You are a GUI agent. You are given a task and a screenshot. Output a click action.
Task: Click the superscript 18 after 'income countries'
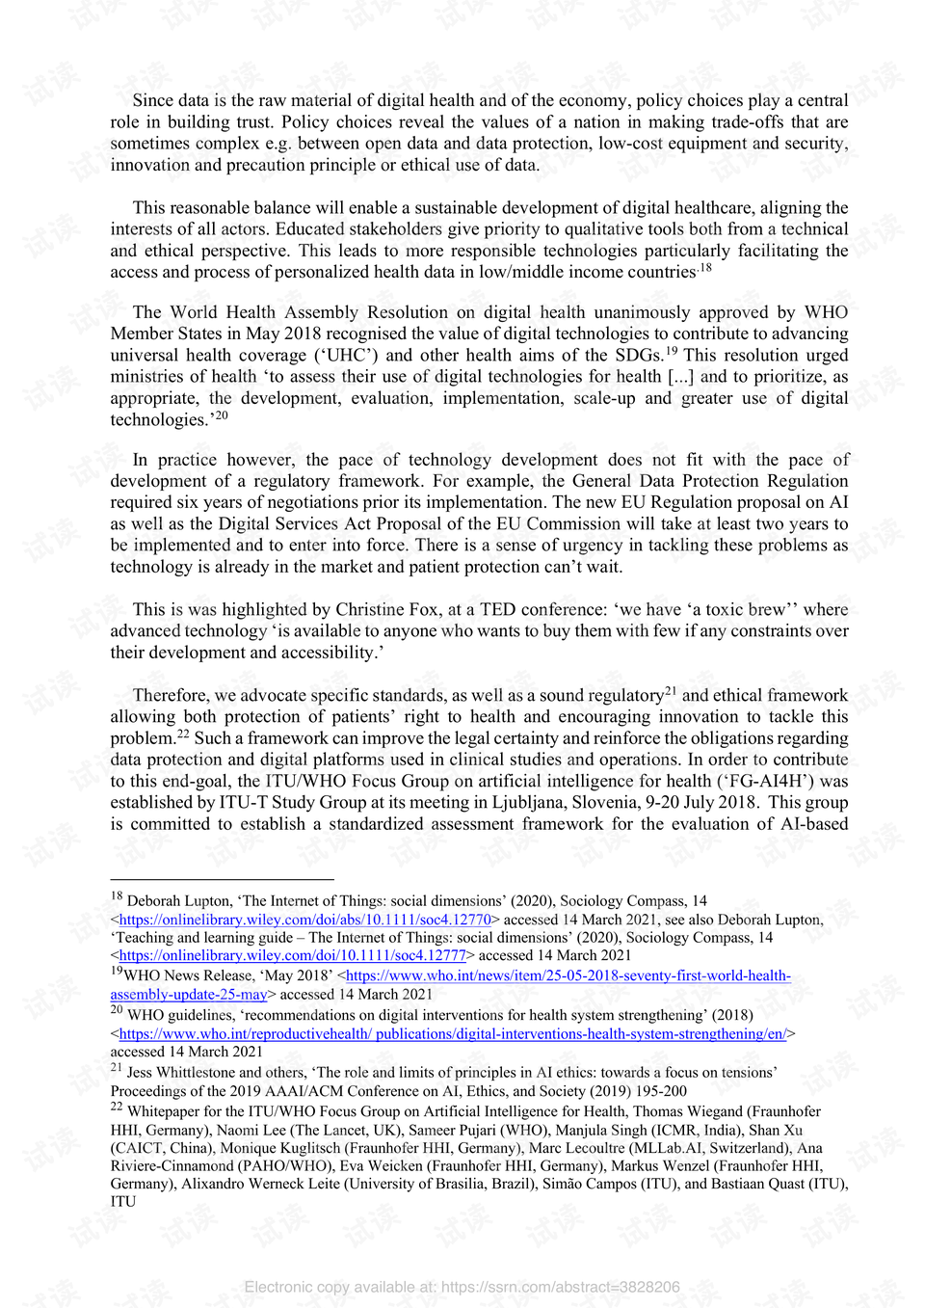point(705,268)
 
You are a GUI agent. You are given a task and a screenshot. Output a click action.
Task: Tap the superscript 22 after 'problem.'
point(183,734)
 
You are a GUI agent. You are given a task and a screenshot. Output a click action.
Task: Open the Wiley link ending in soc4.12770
point(304,920)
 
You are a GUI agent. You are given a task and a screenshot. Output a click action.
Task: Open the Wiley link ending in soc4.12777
point(292,955)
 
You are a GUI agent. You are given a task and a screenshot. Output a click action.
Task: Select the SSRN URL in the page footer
point(560,1287)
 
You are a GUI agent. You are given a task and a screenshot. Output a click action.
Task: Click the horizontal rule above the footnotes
point(222,879)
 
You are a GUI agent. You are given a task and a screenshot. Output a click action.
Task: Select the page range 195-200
point(660,1091)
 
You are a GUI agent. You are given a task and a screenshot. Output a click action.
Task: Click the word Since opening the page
point(153,100)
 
